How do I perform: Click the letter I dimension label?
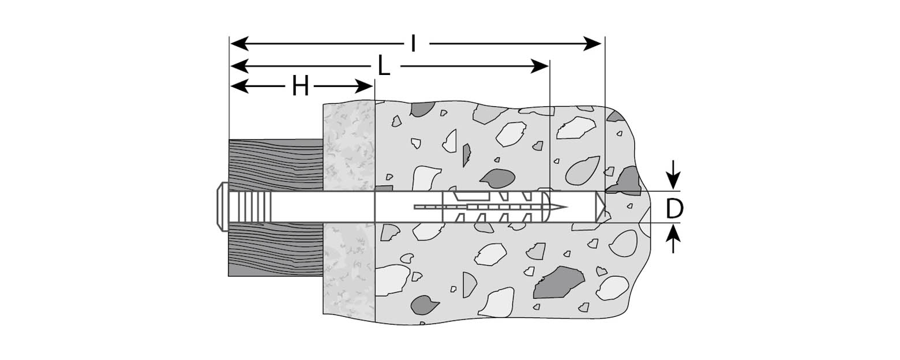(413, 44)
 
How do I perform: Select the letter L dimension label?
(384, 66)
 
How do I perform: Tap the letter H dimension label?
(300, 87)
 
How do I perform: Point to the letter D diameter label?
(674, 209)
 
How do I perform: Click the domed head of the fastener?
(220, 206)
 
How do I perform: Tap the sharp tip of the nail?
(564, 207)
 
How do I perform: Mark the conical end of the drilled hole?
(601, 207)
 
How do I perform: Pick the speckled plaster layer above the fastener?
(348, 144)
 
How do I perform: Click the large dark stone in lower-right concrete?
(557, 283)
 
